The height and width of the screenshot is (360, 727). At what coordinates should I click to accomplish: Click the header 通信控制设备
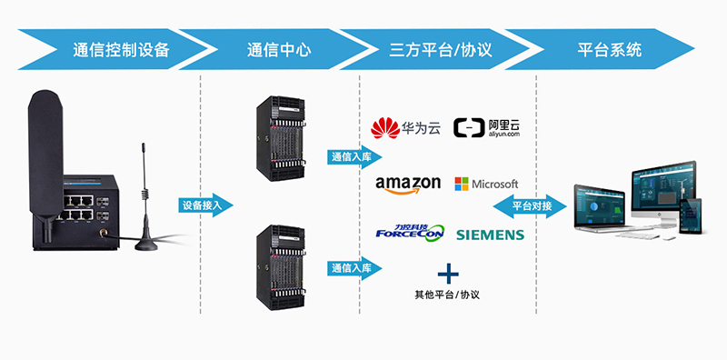(x=121, y=50)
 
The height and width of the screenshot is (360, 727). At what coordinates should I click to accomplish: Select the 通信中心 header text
(x=278, y=50)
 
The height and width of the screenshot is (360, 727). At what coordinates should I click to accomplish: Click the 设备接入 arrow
(x=205, y=205)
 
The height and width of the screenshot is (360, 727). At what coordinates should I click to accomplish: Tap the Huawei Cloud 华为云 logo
(x=406, y=127)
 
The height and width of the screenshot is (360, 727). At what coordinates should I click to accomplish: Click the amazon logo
(x=408, y=185)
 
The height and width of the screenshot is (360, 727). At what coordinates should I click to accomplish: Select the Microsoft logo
(x=486, y=184)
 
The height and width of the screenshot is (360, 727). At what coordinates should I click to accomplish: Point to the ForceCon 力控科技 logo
(x=409, y=233)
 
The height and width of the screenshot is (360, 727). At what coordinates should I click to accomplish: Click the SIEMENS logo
(x=490, y=235)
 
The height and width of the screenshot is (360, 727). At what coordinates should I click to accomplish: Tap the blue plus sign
(x=446, y=272)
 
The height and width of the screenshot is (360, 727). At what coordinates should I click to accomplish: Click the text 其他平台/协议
(x=446, y=295)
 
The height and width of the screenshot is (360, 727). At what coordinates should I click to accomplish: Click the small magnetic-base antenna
(x=146, y=205)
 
